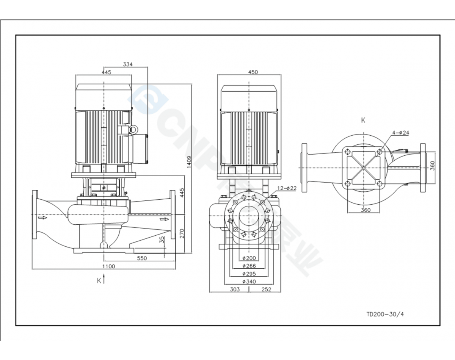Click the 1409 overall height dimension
189,162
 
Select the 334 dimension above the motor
128,64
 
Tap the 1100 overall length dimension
109,266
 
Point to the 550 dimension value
142,258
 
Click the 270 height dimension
182,233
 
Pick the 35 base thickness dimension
162,239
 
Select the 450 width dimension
253,72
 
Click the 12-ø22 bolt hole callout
287,188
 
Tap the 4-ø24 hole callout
401,133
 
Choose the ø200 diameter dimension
249,258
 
